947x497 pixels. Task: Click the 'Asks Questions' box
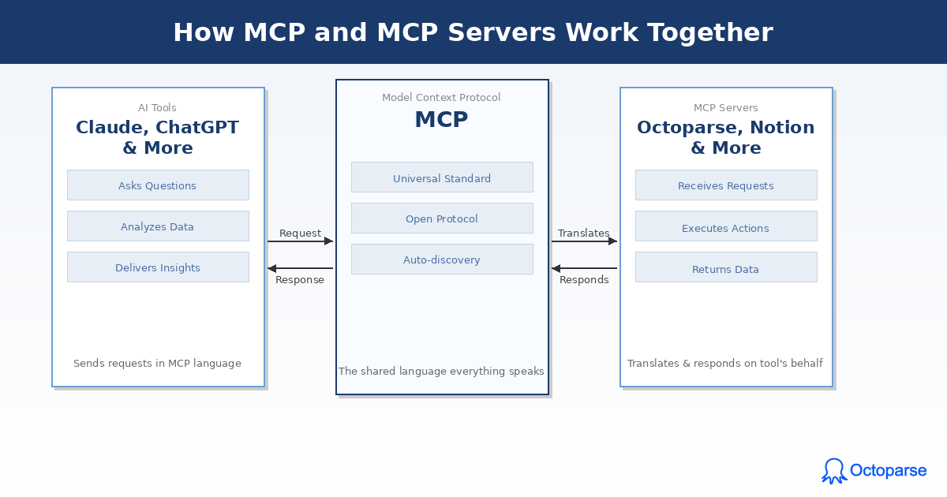(x=158, y=185)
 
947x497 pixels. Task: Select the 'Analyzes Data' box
(x=158, y=226)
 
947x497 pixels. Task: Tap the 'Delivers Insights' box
(x=158, y=267)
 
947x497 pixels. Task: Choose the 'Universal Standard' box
(x=442, y=177)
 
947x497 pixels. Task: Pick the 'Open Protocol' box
(x=442, y=219)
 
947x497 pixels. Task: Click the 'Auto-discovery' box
(x=442, y=260)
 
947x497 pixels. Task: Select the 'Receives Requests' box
(x=726, y=185)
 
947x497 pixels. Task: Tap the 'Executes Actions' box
(x=726, y=226)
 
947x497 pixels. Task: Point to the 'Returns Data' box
(x=726, y=267)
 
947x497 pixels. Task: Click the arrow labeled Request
(x=300, y=241)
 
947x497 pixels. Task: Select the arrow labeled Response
(x=300, y=268)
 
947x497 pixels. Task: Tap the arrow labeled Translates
(x=584, y=241)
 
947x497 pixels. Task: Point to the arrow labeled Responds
(x=584, y=268)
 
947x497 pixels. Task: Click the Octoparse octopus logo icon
(x=833, y=471)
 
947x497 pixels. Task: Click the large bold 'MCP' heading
(x=441, y=120)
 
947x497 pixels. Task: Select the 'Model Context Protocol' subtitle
(x=441, y=98)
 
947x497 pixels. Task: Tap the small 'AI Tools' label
(x=157, y=108)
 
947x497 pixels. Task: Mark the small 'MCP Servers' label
(x=725, y=108)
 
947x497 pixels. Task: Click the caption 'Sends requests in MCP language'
(x=157, y=364)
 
